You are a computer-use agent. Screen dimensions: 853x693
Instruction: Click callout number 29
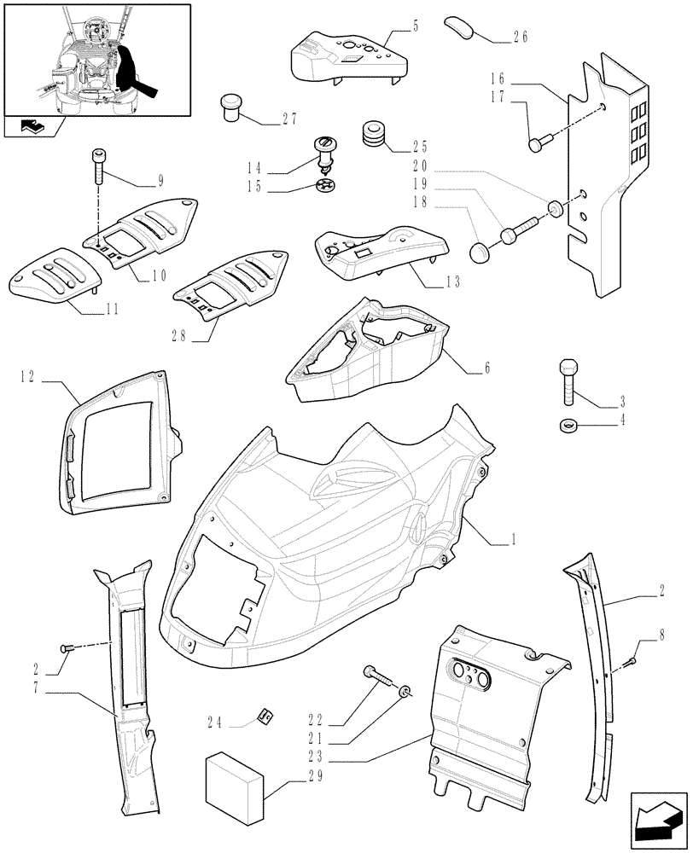pos(294,775)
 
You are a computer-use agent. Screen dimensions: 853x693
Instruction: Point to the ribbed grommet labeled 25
pos(373,133)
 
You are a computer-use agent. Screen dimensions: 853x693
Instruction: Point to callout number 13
pos(451,281)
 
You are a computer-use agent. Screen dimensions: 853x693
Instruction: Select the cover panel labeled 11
pos(55,275)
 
